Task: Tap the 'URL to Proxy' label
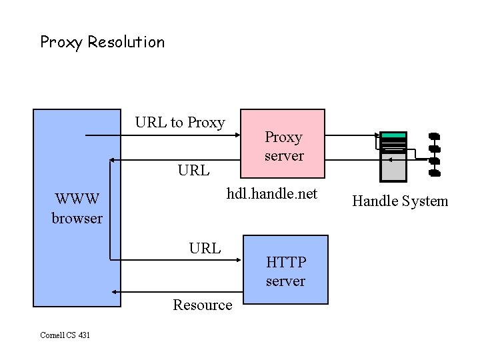[x=179, y=122]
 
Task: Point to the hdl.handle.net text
[x=272, y=193]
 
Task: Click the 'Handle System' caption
[x=400, y=201]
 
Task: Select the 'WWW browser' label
[x=77, y=208]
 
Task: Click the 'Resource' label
[x=202, y=305]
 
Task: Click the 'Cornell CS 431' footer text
[x=65, y=335]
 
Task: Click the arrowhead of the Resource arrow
[x=115, y=292]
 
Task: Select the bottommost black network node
[x=434, y=173]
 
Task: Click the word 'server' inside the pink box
[x=283, y=156]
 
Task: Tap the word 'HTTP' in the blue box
[x=285, y=262]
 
